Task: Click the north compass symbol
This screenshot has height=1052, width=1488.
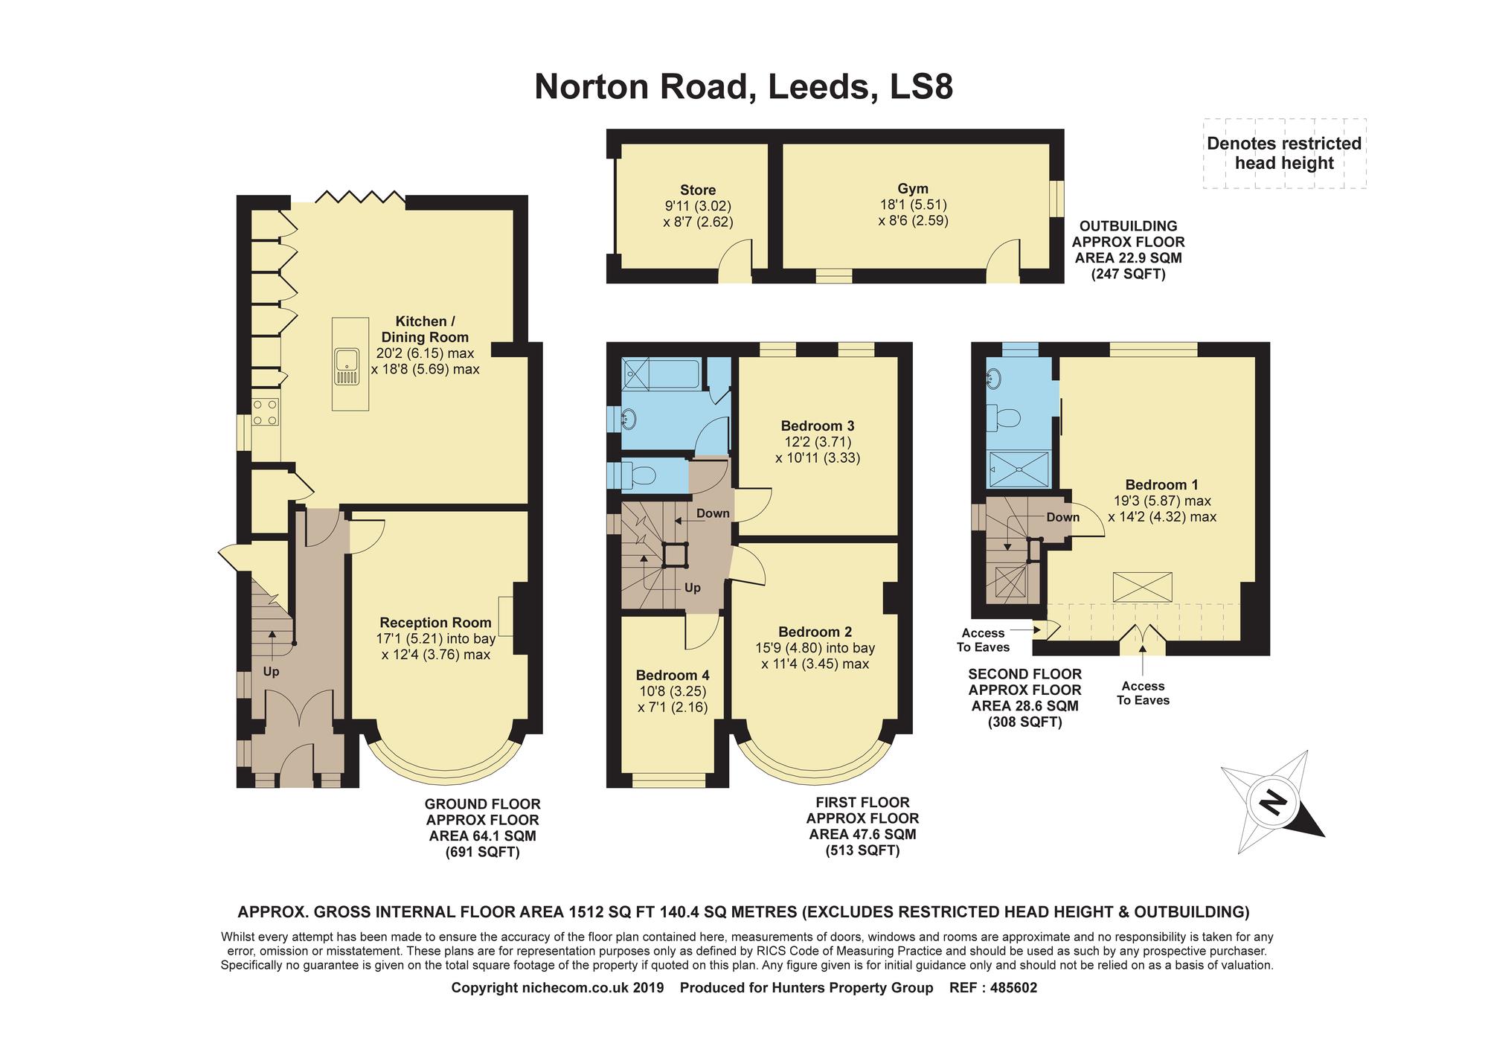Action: click(x=1273, y=804)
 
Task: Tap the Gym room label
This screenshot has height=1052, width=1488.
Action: click(x=913, y=189)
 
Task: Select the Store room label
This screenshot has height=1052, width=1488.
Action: click(x=698, y=190)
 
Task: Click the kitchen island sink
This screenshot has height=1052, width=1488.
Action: click(x=347, y=369)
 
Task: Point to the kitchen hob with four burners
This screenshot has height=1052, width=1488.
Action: click(x=266, y=412)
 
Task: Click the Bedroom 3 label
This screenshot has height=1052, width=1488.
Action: click(x=818, y=426)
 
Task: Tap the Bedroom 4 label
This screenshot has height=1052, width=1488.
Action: click(x=673, y=676)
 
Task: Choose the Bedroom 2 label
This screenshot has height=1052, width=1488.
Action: click(x=815, y=632)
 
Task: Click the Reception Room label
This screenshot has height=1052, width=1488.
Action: click(x=435, y=623)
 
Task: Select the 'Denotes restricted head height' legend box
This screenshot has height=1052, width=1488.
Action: click(x=1284, y=153)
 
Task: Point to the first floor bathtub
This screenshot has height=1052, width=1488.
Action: click(x=661, y=373)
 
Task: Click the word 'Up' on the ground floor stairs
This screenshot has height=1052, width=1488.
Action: click(x=271, y=672)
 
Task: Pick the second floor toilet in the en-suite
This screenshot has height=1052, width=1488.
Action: click(x=1004, y=419)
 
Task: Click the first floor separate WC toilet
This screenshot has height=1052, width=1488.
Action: click(x=637, y=474)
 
